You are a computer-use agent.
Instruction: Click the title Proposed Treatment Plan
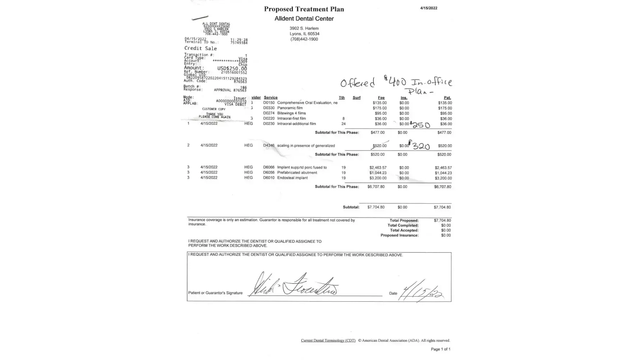[x=304, y=9]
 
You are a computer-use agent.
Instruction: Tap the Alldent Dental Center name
[x=304, y=19]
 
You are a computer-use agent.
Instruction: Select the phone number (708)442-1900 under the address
[x=304, y=39]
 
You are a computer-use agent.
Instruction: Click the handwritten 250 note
[x=421, y=125]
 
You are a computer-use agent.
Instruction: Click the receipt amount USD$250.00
[x=232, y=68]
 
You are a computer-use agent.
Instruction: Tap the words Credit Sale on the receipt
[x=200, y=48]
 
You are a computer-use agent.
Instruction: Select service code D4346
[x=269, y=146]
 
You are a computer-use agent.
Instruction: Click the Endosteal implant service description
[x=292, y=178]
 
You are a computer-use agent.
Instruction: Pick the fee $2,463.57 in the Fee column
[x=378, y=168]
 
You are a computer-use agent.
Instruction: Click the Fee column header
[x=381, y=98]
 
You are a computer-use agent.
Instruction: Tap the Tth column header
[x=342, y=98]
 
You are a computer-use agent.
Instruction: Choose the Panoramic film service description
[x=290, y=108]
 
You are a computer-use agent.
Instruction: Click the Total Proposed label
[x=404, y=221]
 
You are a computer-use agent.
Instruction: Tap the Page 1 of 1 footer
[x=440, y=349]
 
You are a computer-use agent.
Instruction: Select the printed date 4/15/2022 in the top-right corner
[x=428, y=8]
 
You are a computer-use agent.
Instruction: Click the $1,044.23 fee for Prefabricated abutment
[x=378, y=173]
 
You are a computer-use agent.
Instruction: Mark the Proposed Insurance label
[x=399, y=235]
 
